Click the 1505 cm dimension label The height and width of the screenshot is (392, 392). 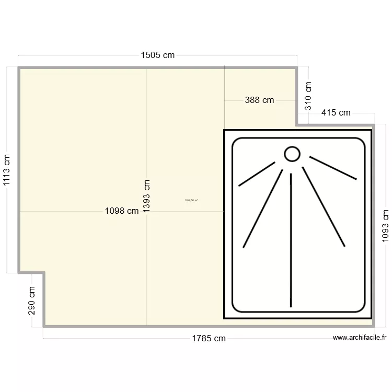click(x=157, y=55)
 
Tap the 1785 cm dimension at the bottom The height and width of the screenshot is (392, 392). click(x=209, y=338)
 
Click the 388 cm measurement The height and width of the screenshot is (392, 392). click(x=259, y=100)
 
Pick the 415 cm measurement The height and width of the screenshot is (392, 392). click(x=336, y=112)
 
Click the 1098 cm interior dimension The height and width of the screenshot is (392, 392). click(x=122, y=211)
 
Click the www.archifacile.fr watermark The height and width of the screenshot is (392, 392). click(x=360, y=338)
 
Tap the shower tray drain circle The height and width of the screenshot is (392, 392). click(x=292, y=154)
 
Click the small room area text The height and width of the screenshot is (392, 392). click(x=191, y=200)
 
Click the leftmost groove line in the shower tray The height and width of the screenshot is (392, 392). click(x=257, y=174)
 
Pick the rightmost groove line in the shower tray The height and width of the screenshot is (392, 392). click(x=333, y=167)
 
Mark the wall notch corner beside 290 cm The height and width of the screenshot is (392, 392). click(x=43, y=272)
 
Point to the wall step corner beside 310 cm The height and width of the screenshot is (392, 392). click(x=297, y=125)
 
